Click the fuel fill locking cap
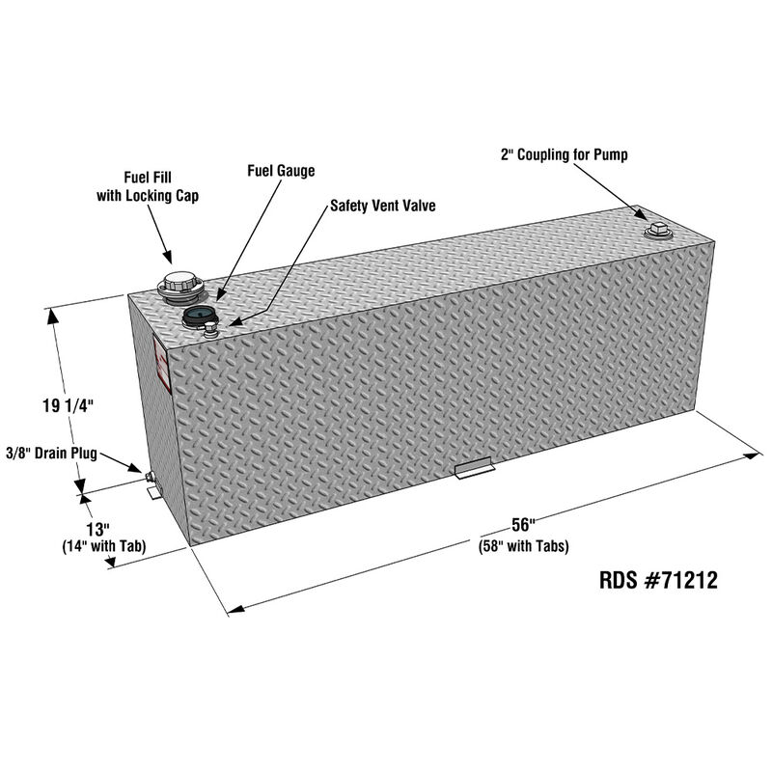[179, 285]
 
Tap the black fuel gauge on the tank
[197, 316]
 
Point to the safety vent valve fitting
[209, 333]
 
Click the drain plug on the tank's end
[149, 477]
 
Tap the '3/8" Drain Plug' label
[51, 453]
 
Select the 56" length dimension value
[523, 526]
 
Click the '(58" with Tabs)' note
[523, 546]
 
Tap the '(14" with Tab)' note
[102, 547]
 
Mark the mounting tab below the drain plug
[153, 492]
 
